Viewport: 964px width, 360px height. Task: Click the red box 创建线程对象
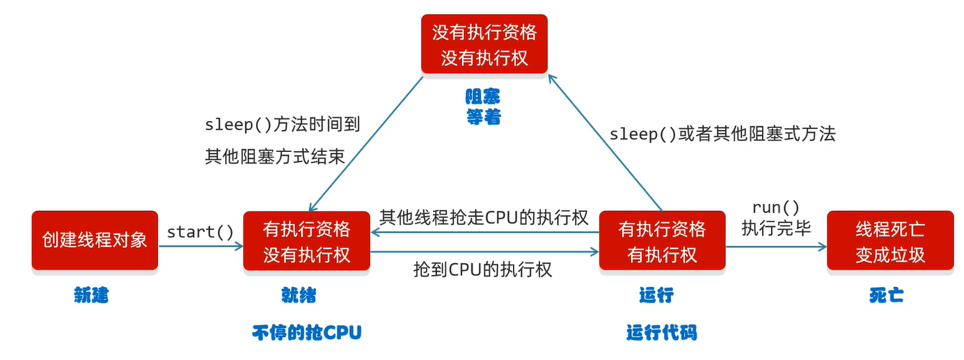(x=95, y=240)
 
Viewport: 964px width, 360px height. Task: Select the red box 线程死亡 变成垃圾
(x=890, y=241)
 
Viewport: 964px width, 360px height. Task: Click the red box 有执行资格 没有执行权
(x=306, y=241)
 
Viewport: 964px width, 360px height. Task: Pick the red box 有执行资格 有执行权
(x=662, y=241)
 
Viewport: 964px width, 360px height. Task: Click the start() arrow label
(x=200, y=232)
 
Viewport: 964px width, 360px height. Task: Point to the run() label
(x=776, y=208)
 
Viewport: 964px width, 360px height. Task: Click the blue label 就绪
(x=299, y=295)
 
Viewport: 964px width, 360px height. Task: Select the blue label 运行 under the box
(x=656, y=295)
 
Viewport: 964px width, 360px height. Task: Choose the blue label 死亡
(x=886, y=295)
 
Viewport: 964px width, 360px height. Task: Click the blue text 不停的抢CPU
(x=307, y=332)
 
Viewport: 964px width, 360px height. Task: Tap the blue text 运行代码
(x=661, y=332)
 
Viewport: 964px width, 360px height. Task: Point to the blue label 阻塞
(x=483, y=96)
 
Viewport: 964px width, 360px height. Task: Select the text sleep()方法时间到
(x=282, y=125)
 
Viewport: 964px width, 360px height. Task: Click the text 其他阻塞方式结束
(x=274, y=156)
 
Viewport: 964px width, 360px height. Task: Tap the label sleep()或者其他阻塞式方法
(x=722, y=134)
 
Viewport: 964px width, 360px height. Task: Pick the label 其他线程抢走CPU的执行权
(x=484, y=217)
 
